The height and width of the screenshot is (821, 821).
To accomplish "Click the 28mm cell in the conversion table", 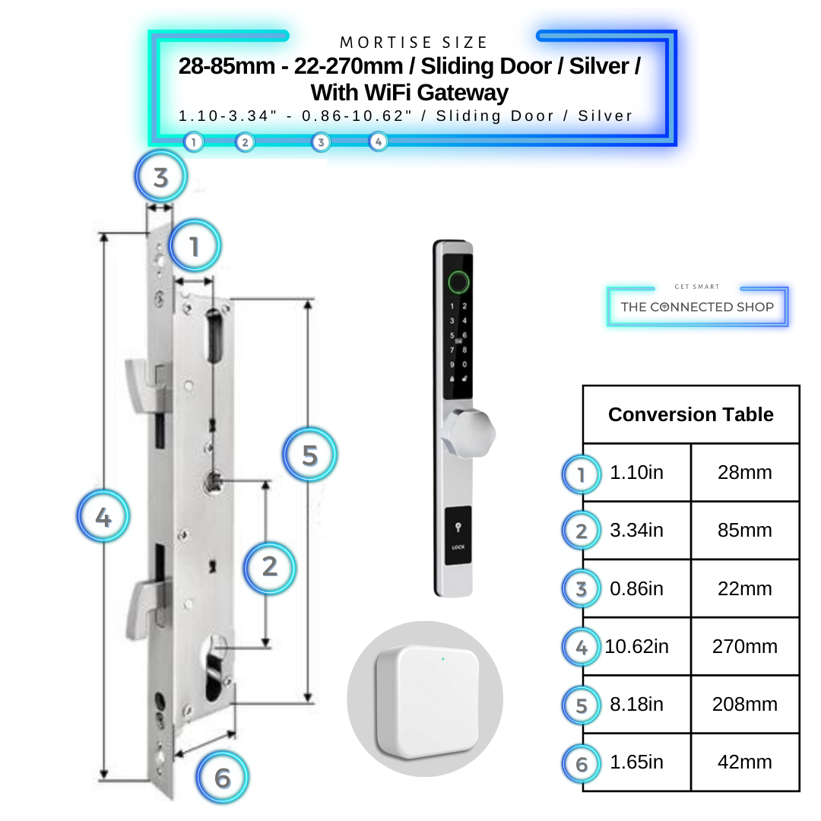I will click(x=744, y=473).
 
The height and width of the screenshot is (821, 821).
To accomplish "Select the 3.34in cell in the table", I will click(x=636, y=531).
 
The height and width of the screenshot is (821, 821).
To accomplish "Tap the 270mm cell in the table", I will click(x=744, y=647).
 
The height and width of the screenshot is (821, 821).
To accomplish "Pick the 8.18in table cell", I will click(x=636, y=705).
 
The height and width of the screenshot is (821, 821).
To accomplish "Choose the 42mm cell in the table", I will click(x=744, y=762).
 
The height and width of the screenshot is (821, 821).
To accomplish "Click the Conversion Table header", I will click(x=690, y=415).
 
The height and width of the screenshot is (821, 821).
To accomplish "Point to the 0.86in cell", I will click(x=636, y=589).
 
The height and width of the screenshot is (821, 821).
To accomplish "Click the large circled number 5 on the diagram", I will click(x=309, y=455).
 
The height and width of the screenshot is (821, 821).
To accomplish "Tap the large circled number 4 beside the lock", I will click(x=103, y=518).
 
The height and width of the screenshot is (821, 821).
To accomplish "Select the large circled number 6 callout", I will click(x=222, y=778).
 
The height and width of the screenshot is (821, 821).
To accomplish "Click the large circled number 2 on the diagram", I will click(x=269, y=566).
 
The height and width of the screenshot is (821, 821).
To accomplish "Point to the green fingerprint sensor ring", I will click(x=458, y=284).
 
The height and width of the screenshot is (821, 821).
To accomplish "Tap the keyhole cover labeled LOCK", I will click(x=458, y=536).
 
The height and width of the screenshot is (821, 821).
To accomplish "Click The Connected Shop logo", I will click(x=697, y=306).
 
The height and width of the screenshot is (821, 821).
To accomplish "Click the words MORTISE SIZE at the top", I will click(x=414, y=43).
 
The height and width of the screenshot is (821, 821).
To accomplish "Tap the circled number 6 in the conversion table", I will click(x=582, y=763).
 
